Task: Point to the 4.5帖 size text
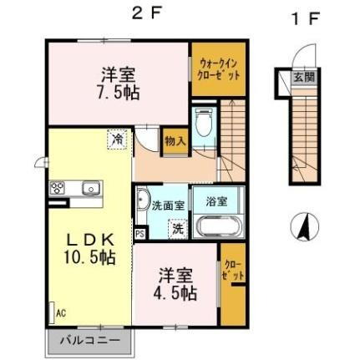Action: tap(176, 293)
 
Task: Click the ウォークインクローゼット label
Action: tap(220, 68)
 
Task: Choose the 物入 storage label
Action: tap(173, 141)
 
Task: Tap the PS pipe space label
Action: tap(139, 234)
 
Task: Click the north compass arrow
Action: tap(305, 225)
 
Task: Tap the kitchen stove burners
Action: tap(58, 187)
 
